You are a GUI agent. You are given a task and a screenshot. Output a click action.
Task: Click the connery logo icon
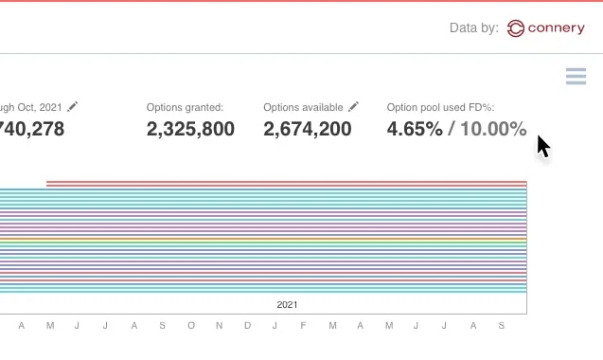click(x=516, y=28)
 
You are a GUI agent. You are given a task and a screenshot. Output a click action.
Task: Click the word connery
click(x=558, y=28)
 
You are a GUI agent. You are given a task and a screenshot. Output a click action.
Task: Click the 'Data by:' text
click(x=473, y=28)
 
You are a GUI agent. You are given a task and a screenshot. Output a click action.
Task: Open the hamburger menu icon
click(x=576, y=77)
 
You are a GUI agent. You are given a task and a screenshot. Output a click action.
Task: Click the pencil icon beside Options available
click(x=353, y=107)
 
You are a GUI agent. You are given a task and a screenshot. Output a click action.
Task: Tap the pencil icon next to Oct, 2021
click(x=73, y=107)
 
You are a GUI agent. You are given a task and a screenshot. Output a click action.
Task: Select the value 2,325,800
click(x=190, y=130)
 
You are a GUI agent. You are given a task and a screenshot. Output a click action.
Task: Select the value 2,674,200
click(x=307, y=130)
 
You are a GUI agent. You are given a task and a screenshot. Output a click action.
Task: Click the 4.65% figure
click(x=415, y=130)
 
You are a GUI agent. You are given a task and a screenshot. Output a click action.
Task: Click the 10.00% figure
click(x=493, y=130)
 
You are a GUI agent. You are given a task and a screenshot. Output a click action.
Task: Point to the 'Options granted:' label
click(x=185, y=107)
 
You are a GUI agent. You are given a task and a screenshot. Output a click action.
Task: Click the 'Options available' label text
click(x=303, y=107)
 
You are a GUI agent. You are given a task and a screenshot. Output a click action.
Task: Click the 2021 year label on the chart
click(x=287, y=305)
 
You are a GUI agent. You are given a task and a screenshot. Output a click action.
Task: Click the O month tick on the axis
click(x=190, y=326)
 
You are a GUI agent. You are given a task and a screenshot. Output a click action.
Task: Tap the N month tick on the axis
click(x=219, y=326)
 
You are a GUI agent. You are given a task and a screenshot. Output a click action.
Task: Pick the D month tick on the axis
click(x=247, y=326)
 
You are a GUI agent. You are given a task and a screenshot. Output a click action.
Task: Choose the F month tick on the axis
click(x=303, y=326)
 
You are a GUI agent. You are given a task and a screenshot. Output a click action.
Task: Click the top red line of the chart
click(x=284, y=183)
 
